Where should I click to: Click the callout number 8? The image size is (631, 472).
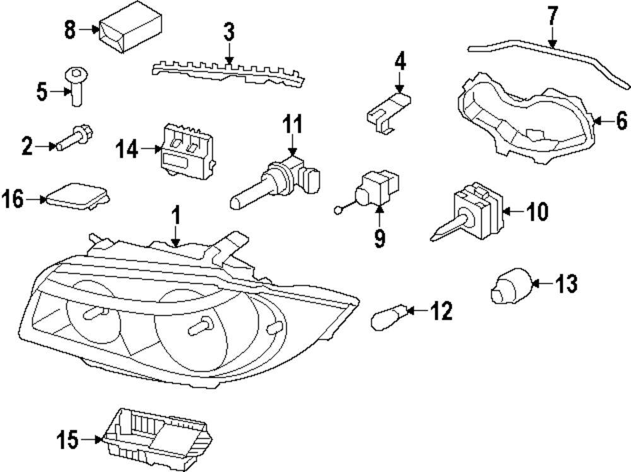69,29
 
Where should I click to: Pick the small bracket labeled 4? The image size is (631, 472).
387,110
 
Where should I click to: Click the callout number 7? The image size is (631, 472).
553,15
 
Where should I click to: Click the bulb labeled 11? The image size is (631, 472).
278,179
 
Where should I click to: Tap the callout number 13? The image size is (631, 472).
567,284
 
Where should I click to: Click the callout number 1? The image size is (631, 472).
177,216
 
